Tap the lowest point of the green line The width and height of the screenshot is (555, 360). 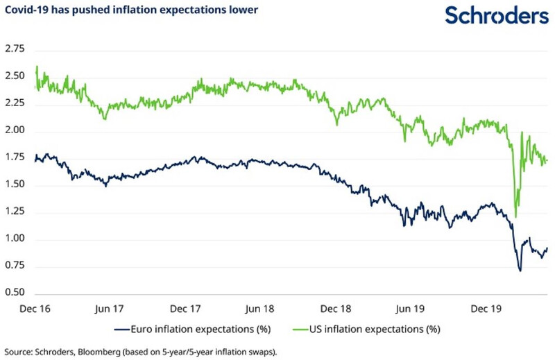[515, 216]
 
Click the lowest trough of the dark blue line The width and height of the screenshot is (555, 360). [520, 271]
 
